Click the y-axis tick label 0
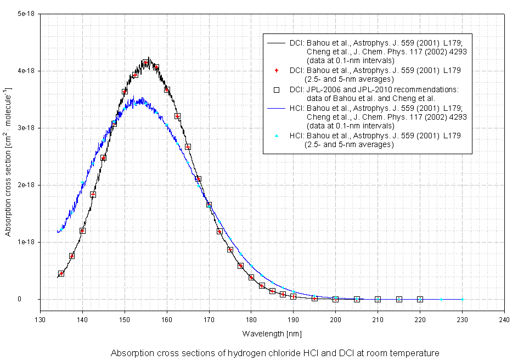34,299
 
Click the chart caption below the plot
275,352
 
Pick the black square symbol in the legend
277,89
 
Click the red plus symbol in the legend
277,71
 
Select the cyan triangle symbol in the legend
277,136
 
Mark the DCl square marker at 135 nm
61,273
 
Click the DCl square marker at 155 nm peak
146,63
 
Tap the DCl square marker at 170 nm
209,205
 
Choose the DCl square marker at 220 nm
420,299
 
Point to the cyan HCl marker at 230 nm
462,299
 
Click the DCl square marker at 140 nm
82,230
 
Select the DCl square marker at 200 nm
335,299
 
